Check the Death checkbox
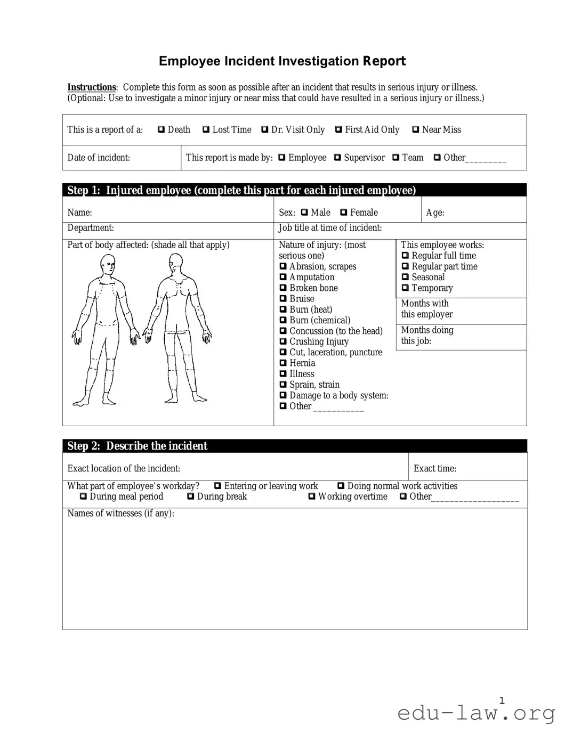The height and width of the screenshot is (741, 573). [x=161, y=129]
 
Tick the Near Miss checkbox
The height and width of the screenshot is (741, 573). [x=415, y=129]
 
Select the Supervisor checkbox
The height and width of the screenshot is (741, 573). [x=337, y=158]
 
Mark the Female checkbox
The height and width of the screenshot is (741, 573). [x=343, y=213]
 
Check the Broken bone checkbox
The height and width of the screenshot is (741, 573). [x=283, y=288]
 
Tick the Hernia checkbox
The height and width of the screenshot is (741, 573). [x=283, y=363]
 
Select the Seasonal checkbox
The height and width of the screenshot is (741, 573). [x=405, y=277]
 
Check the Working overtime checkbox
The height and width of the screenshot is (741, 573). [x=312, y=496]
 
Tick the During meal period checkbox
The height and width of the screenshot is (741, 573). [x=83, y=496]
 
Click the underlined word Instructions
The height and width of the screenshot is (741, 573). [x=91, y=87]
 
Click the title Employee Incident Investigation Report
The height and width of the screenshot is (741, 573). [x=282, y=61]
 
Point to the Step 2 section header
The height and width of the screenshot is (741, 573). [x=138, y=446]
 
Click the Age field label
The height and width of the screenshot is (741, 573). [x=435, y=213]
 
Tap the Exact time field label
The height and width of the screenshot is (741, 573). [x=434, y=469]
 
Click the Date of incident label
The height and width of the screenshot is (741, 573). [x=99, y=158]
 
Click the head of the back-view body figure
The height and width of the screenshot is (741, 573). [x=175, y=263]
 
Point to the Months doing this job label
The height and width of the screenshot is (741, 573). [x=426, y=336]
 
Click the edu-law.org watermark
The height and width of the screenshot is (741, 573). [x=476, y=712]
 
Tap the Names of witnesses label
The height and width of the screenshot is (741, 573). [x=120, y=514]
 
